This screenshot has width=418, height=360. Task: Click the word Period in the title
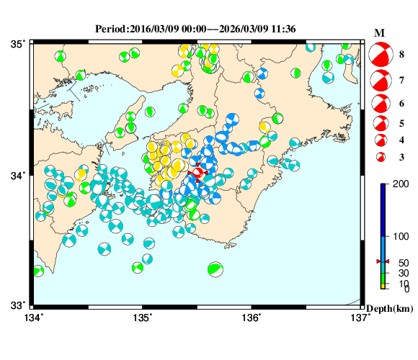pyautogui.click(x=110, y=29)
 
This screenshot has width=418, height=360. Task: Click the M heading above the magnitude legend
pyautogui.click(x=379, y=33)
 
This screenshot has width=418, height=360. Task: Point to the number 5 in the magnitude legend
pyautogui.click(x=401, y=123)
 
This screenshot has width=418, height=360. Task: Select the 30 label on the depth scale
pyautogui.click(x=394, y=274)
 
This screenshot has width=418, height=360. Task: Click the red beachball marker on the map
pyautogui.click(x=197, y=173)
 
